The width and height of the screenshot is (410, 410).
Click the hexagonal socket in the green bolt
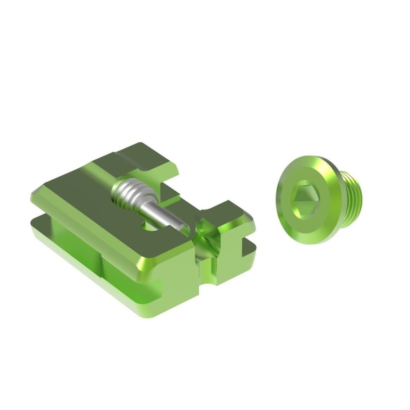pos(303,200)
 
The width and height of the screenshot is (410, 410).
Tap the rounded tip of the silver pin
pos(184,230)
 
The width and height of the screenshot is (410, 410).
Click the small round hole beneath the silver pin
pos(151,225)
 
